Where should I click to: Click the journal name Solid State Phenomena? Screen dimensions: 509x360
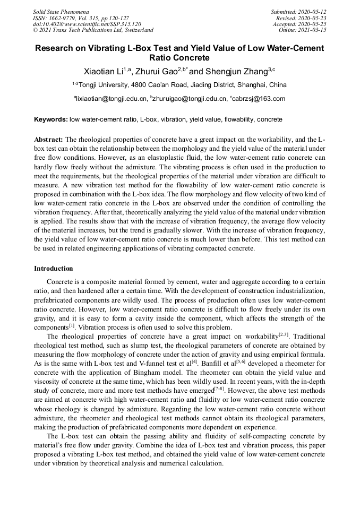click(61, 12)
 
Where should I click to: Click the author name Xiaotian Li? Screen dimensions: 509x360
click(103, 72)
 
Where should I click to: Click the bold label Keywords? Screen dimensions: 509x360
click(50, 120)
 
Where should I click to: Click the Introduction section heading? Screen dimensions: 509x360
click(54, 269)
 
